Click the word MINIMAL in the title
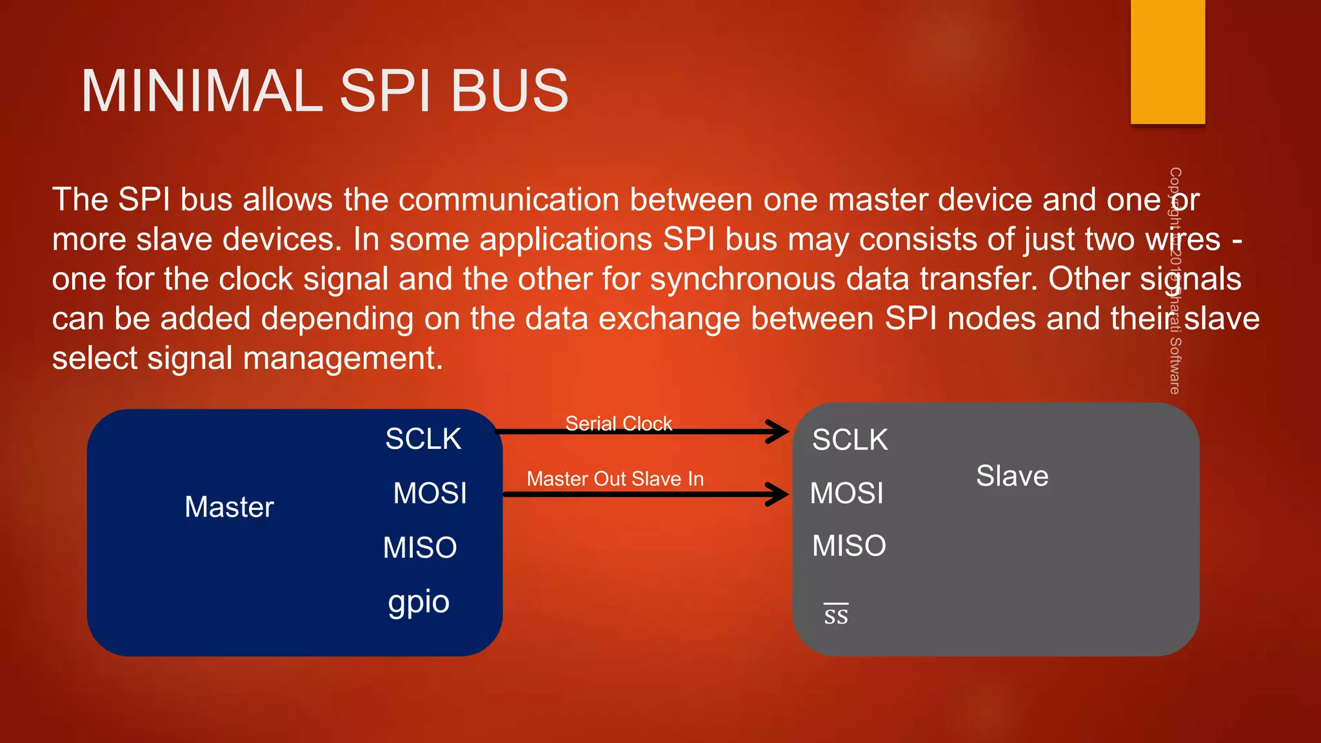pos(201,92)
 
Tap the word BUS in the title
pos(509,92)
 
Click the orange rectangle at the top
pos(1167,61)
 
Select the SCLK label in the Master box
pos(423,439)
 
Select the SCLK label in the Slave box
pos(849,440)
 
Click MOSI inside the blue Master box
pos(430,493)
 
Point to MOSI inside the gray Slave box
pos(846,493)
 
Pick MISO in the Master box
pos(420,548)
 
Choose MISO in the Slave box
pos(849,546)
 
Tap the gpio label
pos(419,602)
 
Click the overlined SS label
pos(836,615)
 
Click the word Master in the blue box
pos(229,507)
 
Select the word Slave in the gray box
pos(1012,476)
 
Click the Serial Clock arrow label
pos(619,423)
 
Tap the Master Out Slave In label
pos(615,479)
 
